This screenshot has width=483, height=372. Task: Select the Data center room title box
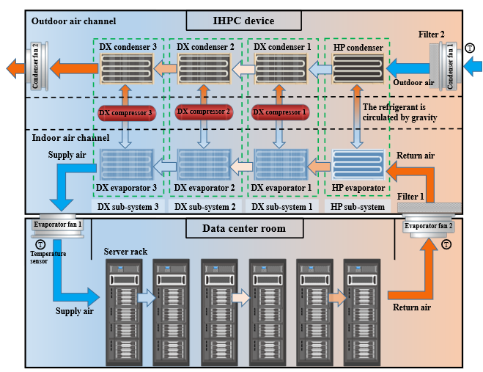click(x=243, y=229)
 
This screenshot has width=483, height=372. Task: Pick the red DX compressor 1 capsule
click(x=277, y=113)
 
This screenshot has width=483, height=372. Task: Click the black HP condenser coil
click(x=355, y=71)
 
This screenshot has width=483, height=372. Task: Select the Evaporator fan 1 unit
click(x=57, y=224)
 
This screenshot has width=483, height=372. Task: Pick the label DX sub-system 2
click(x=202, y=207)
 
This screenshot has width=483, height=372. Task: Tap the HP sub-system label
click(x=358, y=207)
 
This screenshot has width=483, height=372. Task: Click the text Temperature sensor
click(x=48, y=257)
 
